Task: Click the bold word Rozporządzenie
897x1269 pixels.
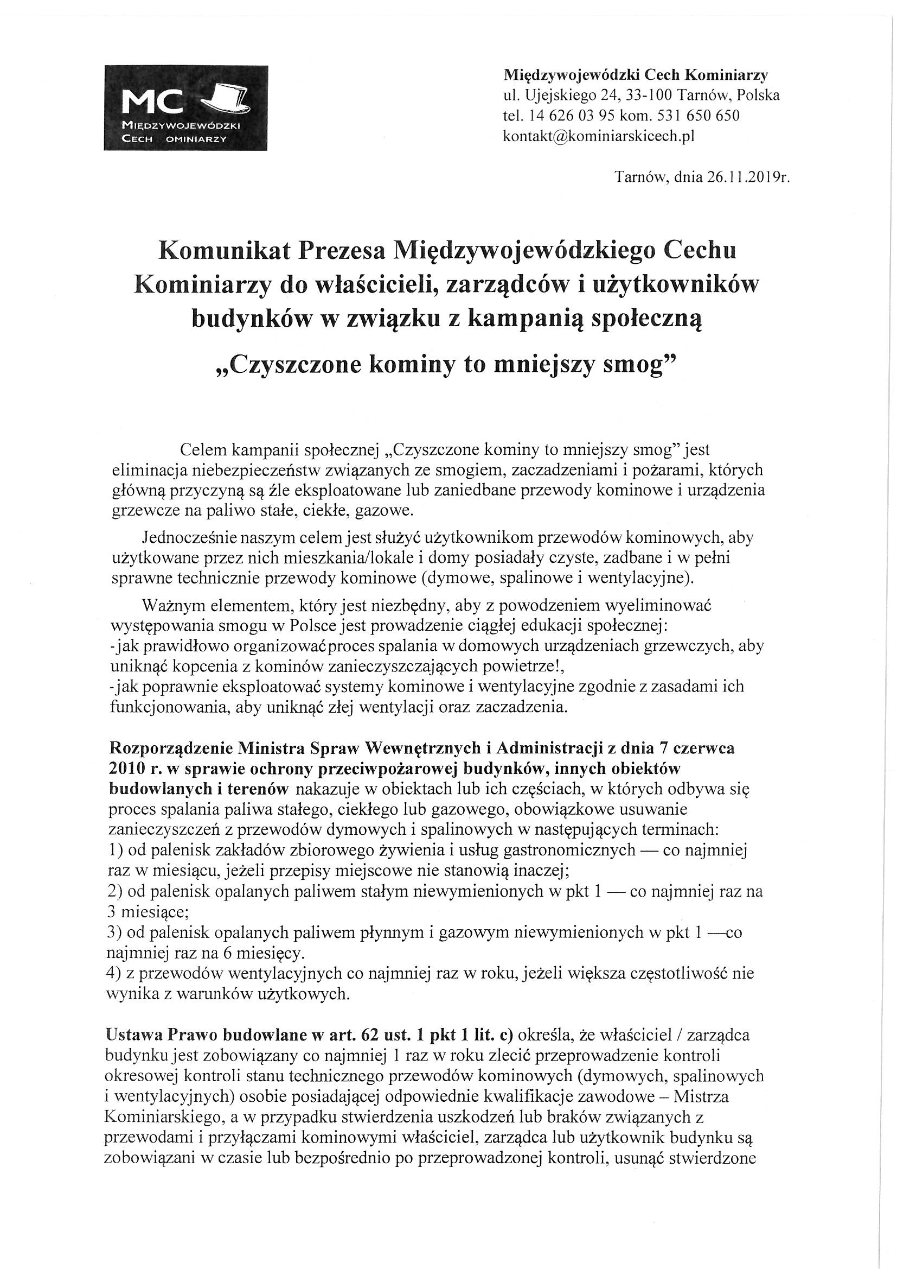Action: coord(171,749)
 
